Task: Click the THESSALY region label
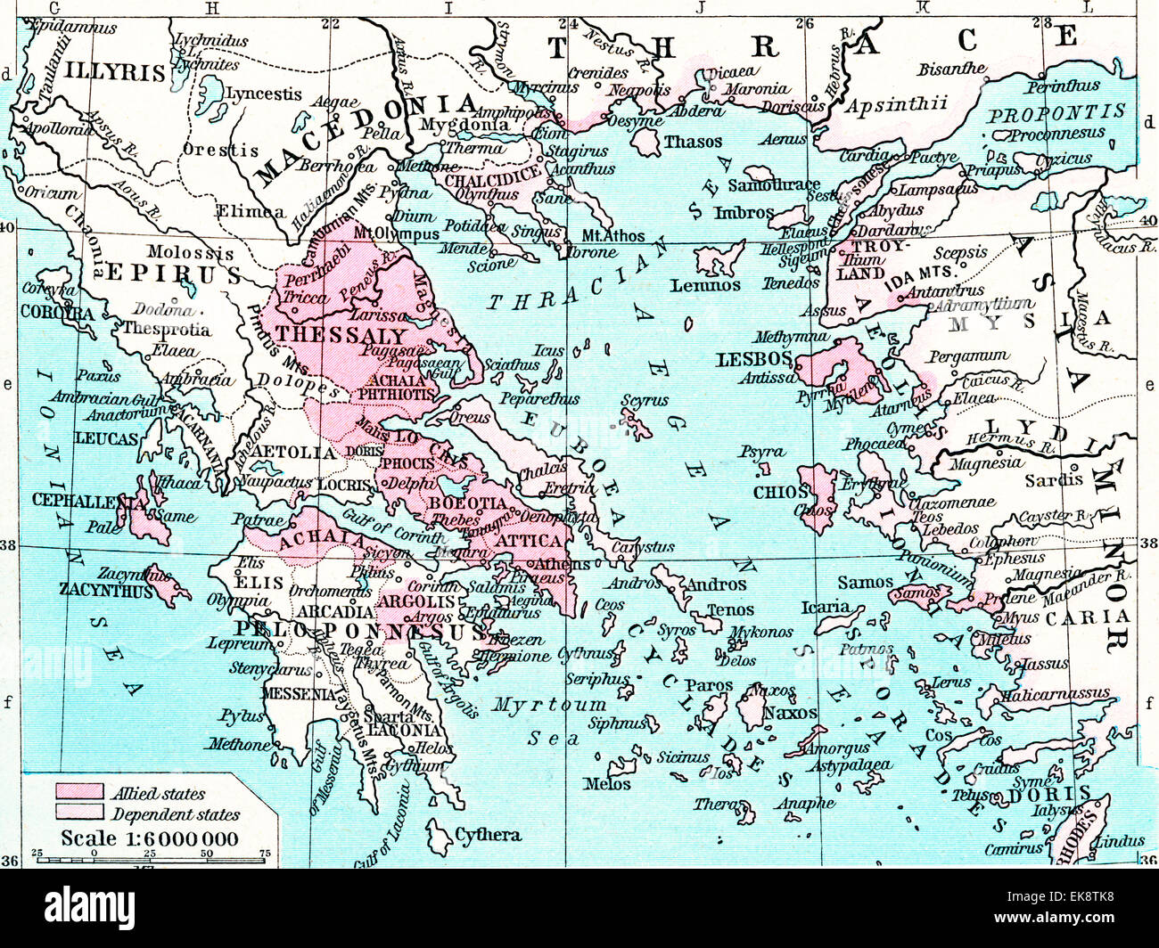(x=341, y=335)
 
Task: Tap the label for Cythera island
(x=488, y=835)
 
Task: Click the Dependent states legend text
(x=175, y=814)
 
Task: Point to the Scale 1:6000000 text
(x=149, y=838)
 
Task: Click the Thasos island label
(x=693, y=142)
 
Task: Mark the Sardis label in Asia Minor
(x=1053, y=479)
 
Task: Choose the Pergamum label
(x=968, y=356)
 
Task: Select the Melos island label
(x=607, y=784)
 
